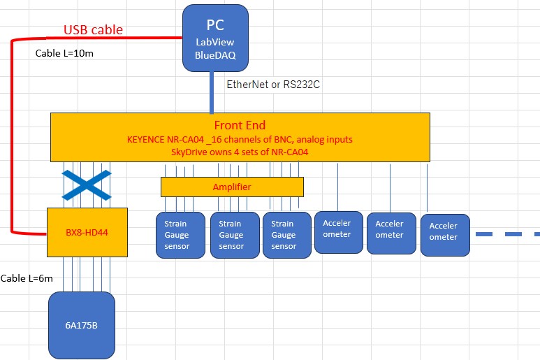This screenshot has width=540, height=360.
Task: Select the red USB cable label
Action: point(93,29)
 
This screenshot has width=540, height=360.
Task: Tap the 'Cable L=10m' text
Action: point(64,53)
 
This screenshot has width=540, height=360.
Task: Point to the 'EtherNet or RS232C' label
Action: point(273,84)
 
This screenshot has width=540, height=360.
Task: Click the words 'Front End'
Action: point(240,126)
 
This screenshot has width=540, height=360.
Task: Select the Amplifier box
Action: point(232,187)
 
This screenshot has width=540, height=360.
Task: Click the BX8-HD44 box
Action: point(87,231)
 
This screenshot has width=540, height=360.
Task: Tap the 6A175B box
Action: point(82,324)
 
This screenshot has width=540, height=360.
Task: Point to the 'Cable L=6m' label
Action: point(27,278)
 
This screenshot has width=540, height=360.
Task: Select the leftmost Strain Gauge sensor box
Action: point(180,235)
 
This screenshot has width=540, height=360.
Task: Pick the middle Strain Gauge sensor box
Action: point(233,235)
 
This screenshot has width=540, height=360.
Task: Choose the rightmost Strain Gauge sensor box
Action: point(286,235)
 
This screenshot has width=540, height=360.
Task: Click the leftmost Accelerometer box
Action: point(339,231)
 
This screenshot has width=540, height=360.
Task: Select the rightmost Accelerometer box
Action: point(444,235)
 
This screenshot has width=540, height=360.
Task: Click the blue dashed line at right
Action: point(507,234)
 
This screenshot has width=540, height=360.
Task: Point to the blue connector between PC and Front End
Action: point(212,92)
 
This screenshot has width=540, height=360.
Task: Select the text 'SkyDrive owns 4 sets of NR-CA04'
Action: point(240,151)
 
